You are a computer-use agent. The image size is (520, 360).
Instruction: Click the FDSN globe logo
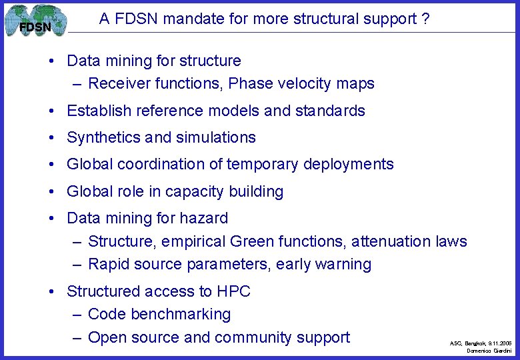pos(35,21)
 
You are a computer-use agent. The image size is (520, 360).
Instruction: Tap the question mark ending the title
pos(425,19)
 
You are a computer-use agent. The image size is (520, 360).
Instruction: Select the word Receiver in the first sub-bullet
pos(116,83)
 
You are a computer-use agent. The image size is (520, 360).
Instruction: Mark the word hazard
pos(205,218)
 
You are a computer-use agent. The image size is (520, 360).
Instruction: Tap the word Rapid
pos(107,264)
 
